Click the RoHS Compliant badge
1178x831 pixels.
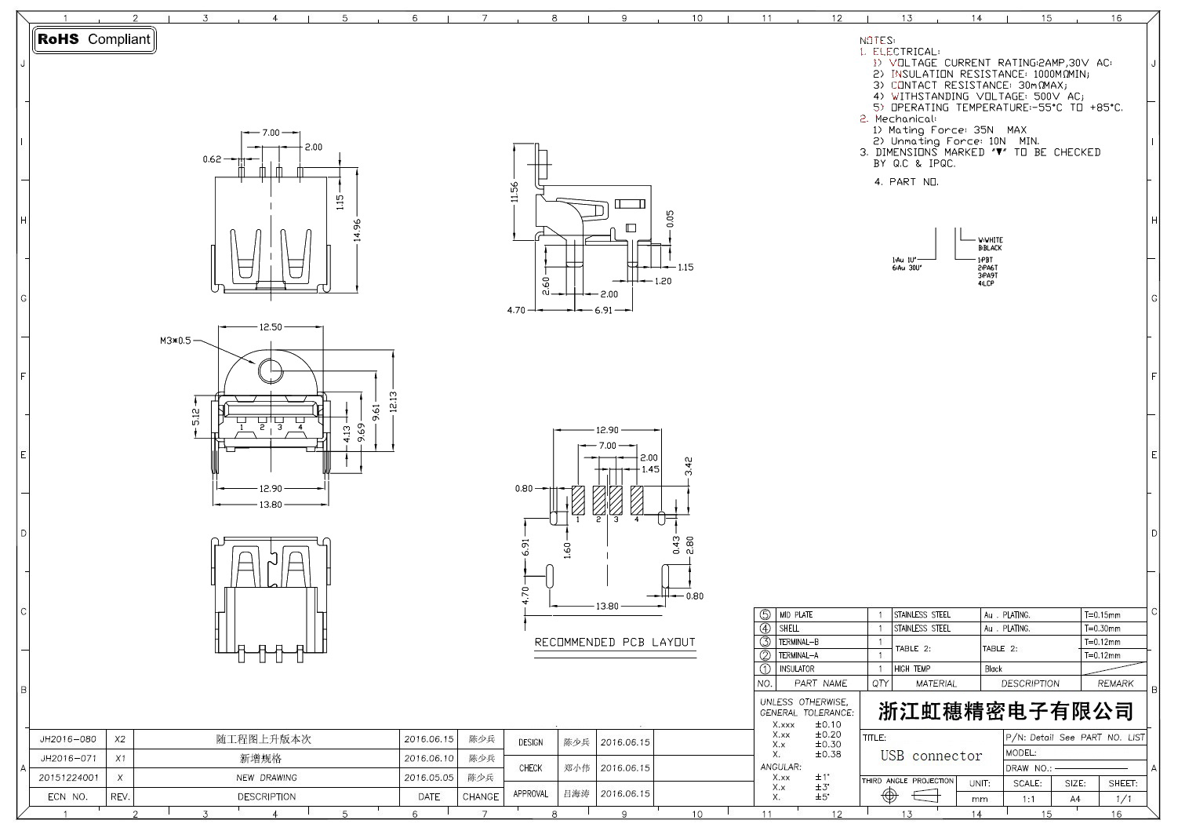click(94, 39)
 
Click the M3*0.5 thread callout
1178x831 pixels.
click(175, 341)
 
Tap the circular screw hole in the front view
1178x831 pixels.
click(270, 369)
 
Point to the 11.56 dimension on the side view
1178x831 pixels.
click(514, 192)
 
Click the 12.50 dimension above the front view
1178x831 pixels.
click(271, 327)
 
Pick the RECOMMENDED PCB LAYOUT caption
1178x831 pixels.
click(615, 642)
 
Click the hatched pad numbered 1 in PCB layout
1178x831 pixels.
click(579, 498)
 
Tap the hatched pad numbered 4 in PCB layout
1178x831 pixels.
click(636, 498)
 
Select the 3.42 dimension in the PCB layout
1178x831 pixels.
click(689, 467)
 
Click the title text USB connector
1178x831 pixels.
click(931, 756)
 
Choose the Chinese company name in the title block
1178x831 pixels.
click(1005, 712)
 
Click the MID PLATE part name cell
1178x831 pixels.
click(796, 615)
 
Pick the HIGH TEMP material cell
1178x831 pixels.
click(912, 669)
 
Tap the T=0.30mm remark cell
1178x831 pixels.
click(1103, 629)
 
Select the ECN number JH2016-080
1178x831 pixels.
click(68, 739)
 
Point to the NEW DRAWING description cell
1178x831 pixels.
click(267, 778)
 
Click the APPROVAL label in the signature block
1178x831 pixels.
click(530, 794)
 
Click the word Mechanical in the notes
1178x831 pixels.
click(905, 119)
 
